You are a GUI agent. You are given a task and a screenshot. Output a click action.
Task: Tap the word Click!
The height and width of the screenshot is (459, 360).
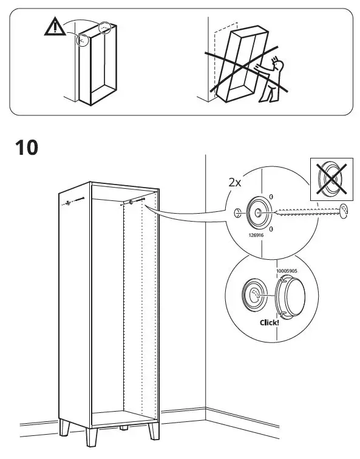[x=269, y=322]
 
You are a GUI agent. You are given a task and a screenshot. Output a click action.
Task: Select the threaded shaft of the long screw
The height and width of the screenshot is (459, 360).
[x=306, y=212]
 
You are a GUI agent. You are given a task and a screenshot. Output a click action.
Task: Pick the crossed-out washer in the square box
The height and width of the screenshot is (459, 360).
[x=331, y=179]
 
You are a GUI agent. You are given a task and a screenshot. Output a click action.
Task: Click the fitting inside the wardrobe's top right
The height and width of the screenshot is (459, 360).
[x=131, y=204]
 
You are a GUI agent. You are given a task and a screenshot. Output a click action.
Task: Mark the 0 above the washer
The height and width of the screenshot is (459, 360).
[x=271, y=197]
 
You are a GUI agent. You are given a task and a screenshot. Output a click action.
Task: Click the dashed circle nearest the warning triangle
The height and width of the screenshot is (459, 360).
[x=81, y=40]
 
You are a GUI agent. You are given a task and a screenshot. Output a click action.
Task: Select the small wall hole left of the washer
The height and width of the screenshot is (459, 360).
[x=236, y=212]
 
